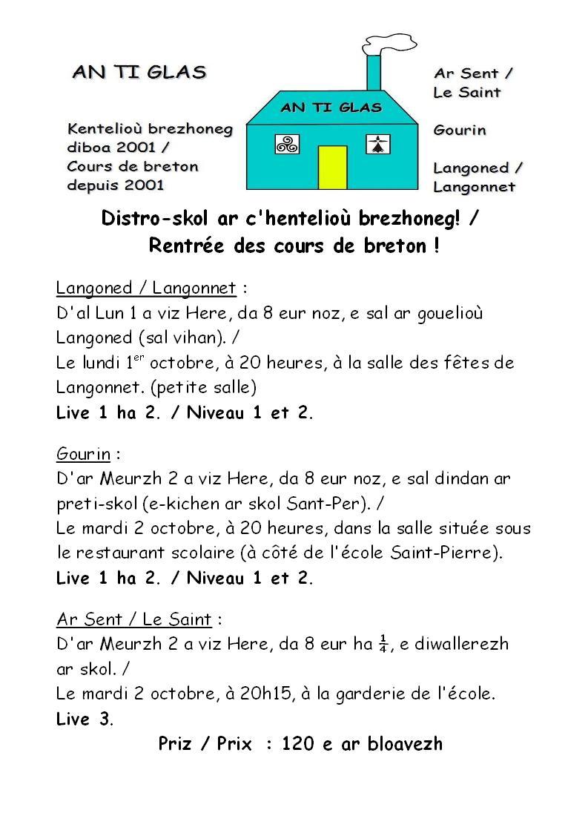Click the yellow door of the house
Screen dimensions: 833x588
pyautogui.click(x=332, y=167)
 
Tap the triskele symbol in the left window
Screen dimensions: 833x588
pyautogui.click(x=287, y=144)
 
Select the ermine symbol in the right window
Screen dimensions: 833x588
pyautogui.click(x=378, y=144)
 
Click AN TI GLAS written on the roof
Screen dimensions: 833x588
pyautogui.click(x=331, y=108)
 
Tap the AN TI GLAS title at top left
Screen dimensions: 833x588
pyautogui.click(x=139, y=72)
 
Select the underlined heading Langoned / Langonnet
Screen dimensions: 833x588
pyautogui.click(x=146, y=288)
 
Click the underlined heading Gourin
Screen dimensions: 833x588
pyautogui.click(x=83, y=453)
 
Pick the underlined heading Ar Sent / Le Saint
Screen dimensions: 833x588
pyautogui.click(x=133, y=619)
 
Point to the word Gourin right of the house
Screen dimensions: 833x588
pyautogui.click(x=460, y=130)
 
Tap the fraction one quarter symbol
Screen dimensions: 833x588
pyautogui.click(x=383, y=642)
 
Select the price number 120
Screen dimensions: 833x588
pyautogui.click(x=297, y=744)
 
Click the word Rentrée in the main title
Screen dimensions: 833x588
pyautogui.click(x=189, y=246)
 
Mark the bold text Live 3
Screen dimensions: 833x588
pyautogui.click(x=83, y=719)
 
